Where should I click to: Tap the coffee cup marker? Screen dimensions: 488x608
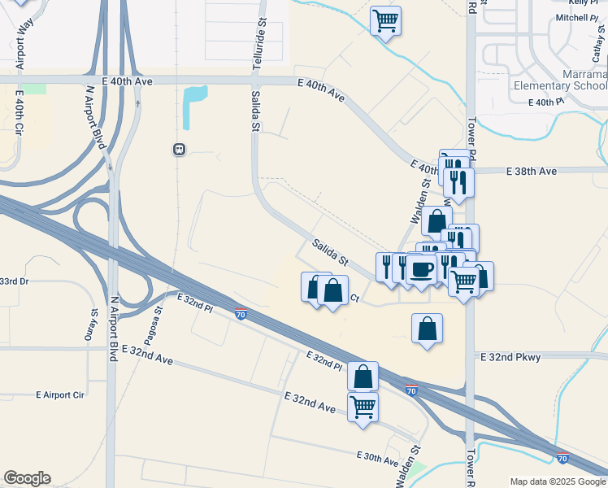coord(420,269)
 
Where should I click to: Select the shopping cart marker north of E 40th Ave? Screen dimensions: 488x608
coord(386,20)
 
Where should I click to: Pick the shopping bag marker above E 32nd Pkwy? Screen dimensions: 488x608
coord(427,328)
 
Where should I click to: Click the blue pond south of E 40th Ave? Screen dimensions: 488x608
coord(194,107)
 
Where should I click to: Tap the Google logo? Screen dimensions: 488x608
coord(27,478)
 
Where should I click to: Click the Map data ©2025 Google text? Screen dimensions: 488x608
coord(557,481)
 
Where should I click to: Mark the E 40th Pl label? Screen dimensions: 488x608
coord(545,102)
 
